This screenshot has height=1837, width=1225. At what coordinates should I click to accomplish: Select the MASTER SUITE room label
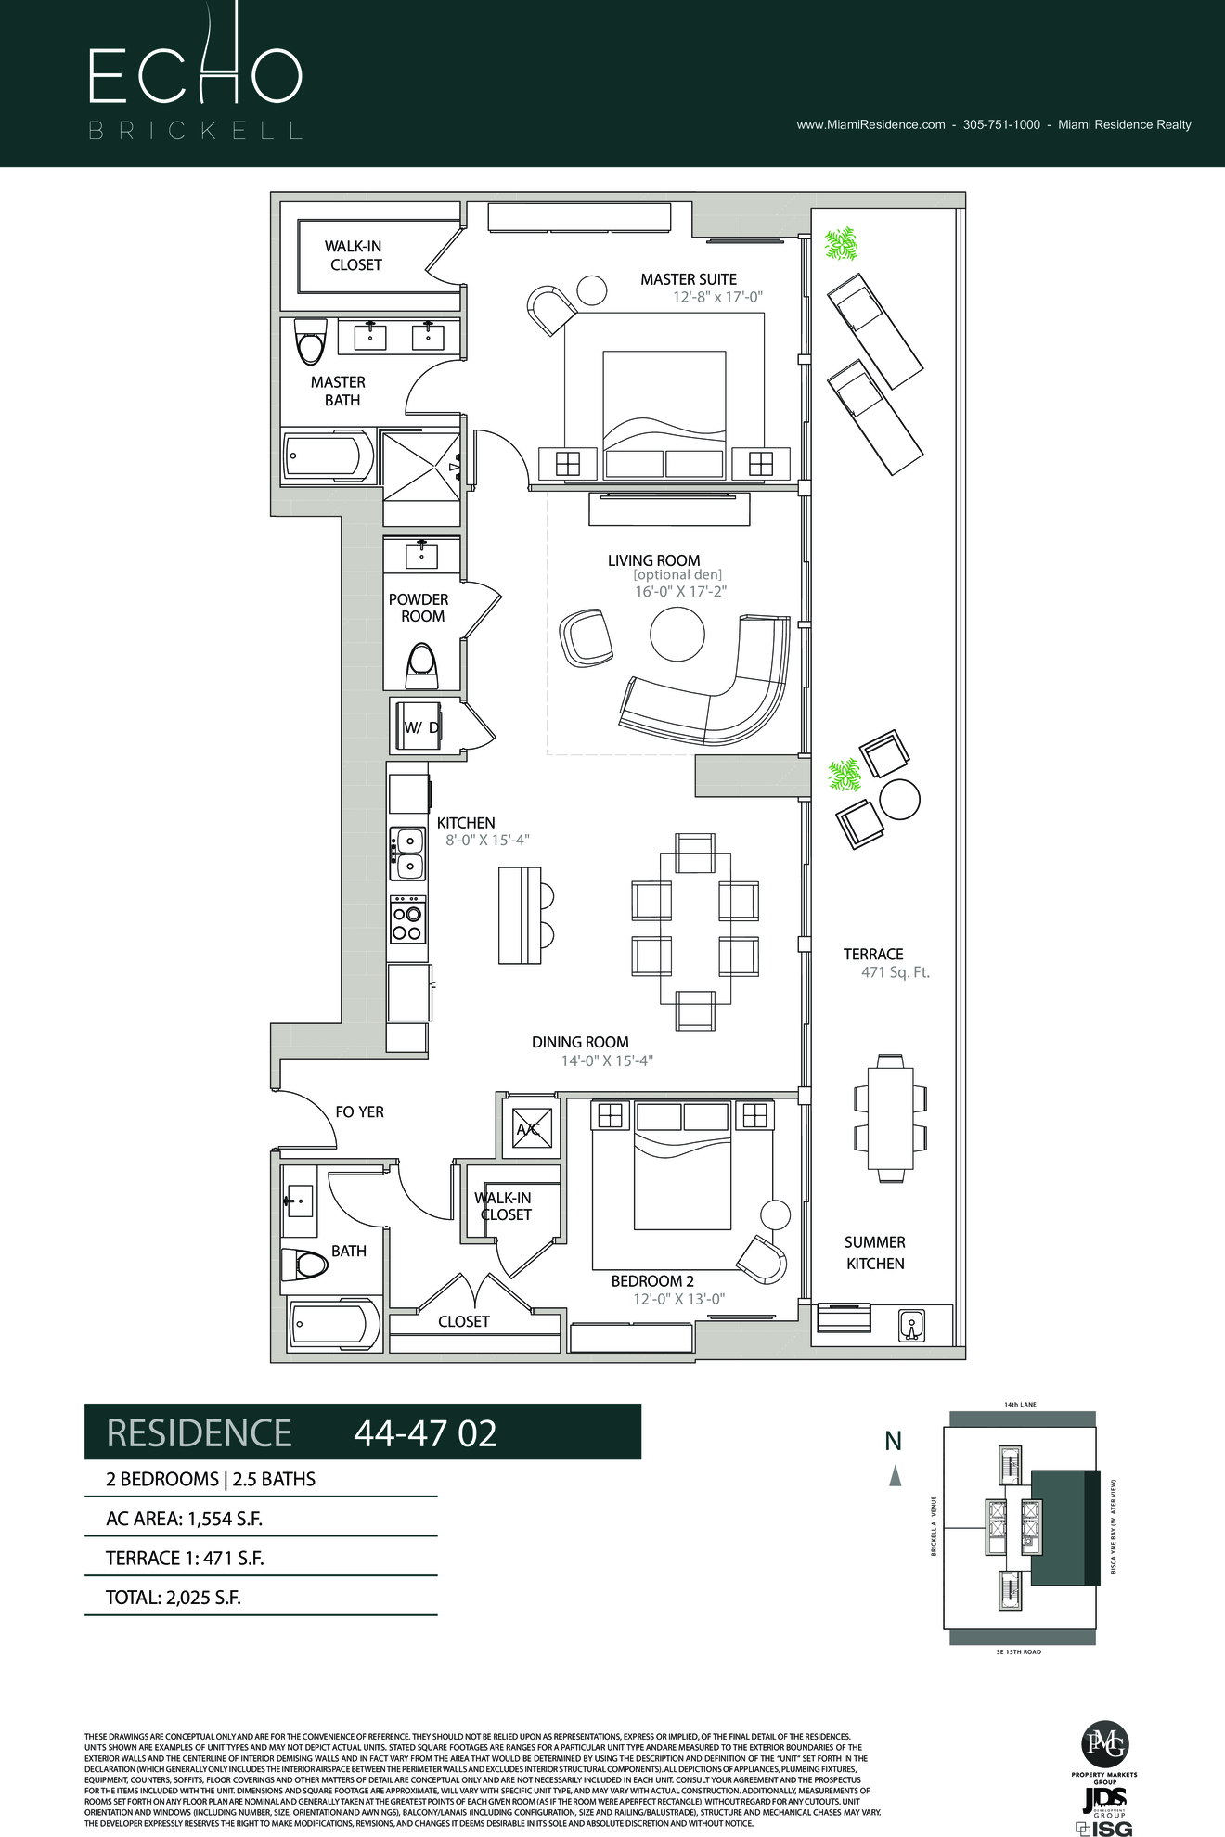(x=688, y=279)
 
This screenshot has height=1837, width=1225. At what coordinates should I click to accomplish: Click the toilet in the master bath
(x=310, y=342)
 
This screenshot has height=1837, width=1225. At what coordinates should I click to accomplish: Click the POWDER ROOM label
(x=419, y=608)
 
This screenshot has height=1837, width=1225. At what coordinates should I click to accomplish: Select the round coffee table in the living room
(x=677, y=635)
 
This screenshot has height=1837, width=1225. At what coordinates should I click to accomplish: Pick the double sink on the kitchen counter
(x=407, y=853)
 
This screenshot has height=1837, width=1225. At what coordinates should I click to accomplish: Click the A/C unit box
(x=532, y=1129)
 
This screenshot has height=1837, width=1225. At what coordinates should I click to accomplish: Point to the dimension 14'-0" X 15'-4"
(x=607, y=1060)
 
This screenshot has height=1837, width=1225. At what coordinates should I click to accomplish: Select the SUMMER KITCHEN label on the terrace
(x=874, y=1252)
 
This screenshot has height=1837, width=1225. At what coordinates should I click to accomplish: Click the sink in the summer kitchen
(x=910, y=1325)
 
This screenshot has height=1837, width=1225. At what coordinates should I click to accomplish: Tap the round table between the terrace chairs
(x=899, y=800)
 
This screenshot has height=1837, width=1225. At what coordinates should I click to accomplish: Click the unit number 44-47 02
(x=425, y=1433)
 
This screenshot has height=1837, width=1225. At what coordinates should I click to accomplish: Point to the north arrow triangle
(x=895, y=1475)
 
